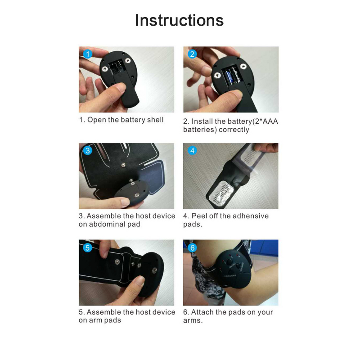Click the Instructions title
click(179, 21)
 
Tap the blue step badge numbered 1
click(88, 54)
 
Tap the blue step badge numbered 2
click(192, 54)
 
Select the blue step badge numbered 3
click(88, 151)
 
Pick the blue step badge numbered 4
click(192, 151)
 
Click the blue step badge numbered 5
click(88, 247)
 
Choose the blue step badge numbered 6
click(192, 247)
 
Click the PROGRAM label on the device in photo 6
click(232, 275)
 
